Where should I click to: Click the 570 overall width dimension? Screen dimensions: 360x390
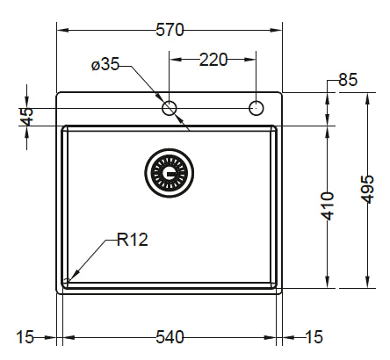click(170, 30)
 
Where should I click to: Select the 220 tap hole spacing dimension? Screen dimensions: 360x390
click(213, 60)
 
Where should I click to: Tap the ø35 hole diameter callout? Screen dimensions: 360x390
click(105, 64)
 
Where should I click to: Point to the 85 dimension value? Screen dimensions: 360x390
click(347, 80)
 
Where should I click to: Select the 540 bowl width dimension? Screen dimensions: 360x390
click(169, 337)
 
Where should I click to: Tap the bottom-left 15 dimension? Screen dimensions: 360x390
click(25, 337)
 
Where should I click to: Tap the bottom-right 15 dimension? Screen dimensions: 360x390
click(314, 337)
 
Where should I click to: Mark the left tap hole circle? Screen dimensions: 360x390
click(170, 108)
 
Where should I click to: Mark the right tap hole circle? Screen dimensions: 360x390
click(256, 108)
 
